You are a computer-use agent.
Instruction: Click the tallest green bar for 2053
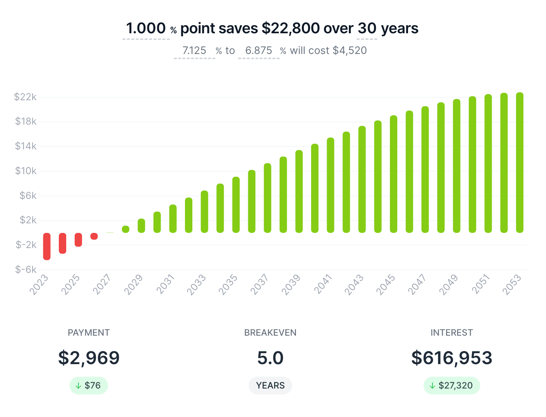(x=520, y=163)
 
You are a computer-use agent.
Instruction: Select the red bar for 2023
(x=47, y=246)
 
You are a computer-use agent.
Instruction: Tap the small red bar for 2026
(x=94, y=236)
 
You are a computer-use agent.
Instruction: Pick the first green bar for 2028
(x=126, y=229)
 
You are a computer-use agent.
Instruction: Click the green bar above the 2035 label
(x=236, y=205)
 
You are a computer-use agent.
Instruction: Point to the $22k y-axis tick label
(x=25, y=97)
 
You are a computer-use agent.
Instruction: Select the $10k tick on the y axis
(x=26, y=171)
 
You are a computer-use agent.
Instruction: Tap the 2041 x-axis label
(x=323, y=284)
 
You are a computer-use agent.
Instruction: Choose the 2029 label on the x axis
(x=134, y=284)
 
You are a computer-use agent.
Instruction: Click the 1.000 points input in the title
(x=146, y=28)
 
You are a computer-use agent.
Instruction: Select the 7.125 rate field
(x=195, y=50)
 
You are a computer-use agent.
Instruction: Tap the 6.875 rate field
(x=259, y=50)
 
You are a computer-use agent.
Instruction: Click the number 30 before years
(x=367, y=28)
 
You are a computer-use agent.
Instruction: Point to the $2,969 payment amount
(x=89, y=358)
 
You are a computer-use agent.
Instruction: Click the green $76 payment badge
(x=89, y=386)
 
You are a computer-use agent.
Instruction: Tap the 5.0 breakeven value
(x=270, y=358)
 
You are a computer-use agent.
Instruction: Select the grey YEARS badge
(x=270, y=386)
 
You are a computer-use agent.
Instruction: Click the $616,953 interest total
(x=452, y=358)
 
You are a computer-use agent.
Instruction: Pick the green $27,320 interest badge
(x=452, y=386)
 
